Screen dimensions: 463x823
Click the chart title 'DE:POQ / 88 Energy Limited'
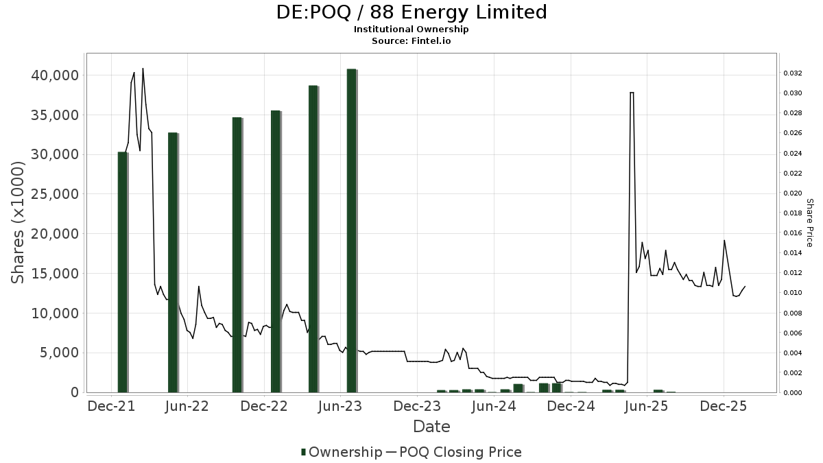(411, 12)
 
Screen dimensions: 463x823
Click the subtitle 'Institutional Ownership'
(411, 29)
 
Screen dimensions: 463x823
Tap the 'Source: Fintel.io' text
(411, 41)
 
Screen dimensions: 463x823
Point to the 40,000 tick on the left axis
(55, 75)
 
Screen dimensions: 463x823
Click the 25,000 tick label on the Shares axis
(55, 194)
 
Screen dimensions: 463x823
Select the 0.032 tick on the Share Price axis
(793, 73)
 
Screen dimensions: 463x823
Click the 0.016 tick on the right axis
(793, 233)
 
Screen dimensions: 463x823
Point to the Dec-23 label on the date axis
(418, 407)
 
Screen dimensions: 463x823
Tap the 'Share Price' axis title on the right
(809, 222)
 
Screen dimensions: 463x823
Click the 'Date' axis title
(431, 427)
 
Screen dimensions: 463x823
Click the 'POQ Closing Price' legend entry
(460, 452)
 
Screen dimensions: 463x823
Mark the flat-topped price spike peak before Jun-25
(631, 93)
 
